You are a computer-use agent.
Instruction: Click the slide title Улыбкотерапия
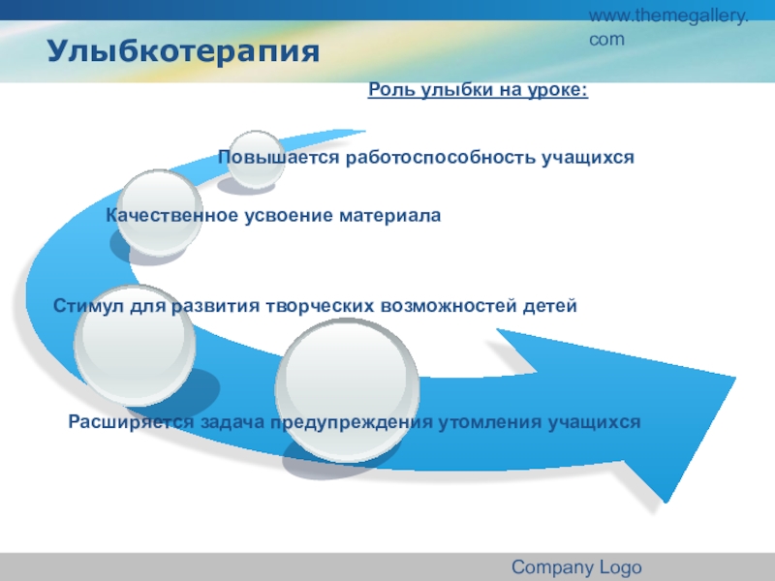point(183,50)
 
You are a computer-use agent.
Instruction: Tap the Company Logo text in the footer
point(576,567)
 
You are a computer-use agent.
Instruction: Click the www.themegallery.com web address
point(668,27)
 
